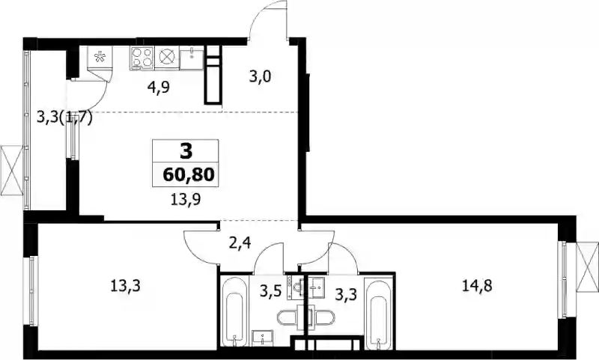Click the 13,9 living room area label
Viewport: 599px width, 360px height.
tap(186, 199)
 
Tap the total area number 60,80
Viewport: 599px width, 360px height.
tap(189, 175)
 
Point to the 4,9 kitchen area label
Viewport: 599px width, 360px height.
tap(159, 88)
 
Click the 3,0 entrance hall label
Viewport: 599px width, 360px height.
tap(260, 77)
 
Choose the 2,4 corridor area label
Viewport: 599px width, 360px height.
tap(240, 242)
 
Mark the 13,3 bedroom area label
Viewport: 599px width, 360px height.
tap(125, 285)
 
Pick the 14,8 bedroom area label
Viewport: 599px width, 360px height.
tap(477, 285)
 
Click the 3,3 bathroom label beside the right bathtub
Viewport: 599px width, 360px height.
tap(346, 294)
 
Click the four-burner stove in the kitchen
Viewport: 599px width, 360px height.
tap(142, 58)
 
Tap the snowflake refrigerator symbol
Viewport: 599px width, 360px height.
tap(100, 58)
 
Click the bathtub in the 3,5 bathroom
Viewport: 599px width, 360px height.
tap(234, 312)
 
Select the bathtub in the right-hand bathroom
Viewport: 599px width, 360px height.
tap(378, 314)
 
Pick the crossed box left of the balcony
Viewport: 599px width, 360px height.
tap(12, 169)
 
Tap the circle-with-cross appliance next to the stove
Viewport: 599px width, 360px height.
tap(166, 58)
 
